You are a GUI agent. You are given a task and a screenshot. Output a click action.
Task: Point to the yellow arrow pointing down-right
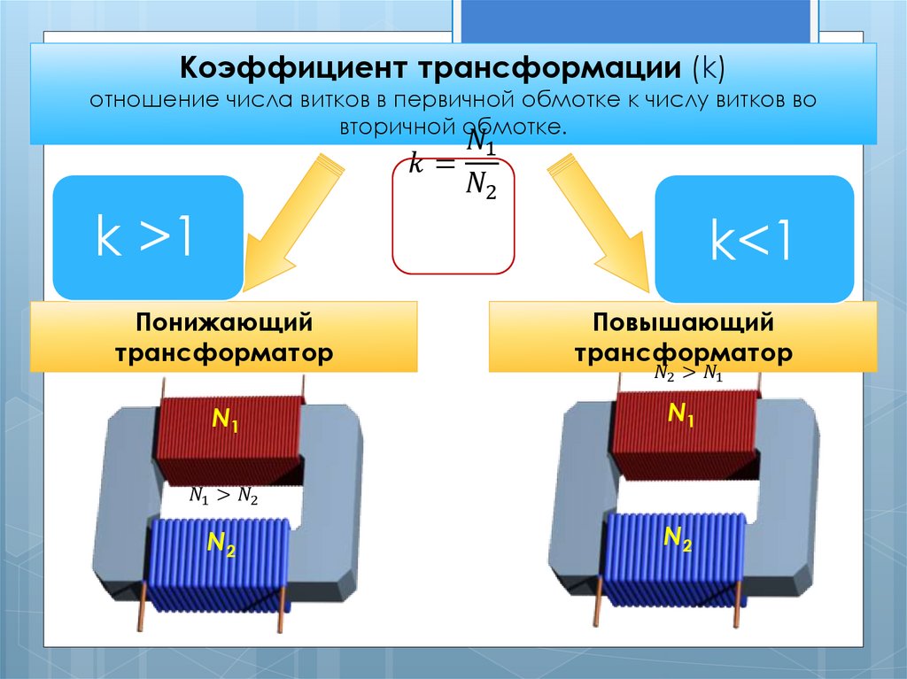[x=602, y=226]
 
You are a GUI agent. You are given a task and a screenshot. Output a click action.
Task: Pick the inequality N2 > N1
[x=688, y=374]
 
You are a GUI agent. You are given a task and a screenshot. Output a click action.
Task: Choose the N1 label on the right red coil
[x=680, y=413]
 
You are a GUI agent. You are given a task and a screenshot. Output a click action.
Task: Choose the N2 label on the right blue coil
[x=678, y=537]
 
